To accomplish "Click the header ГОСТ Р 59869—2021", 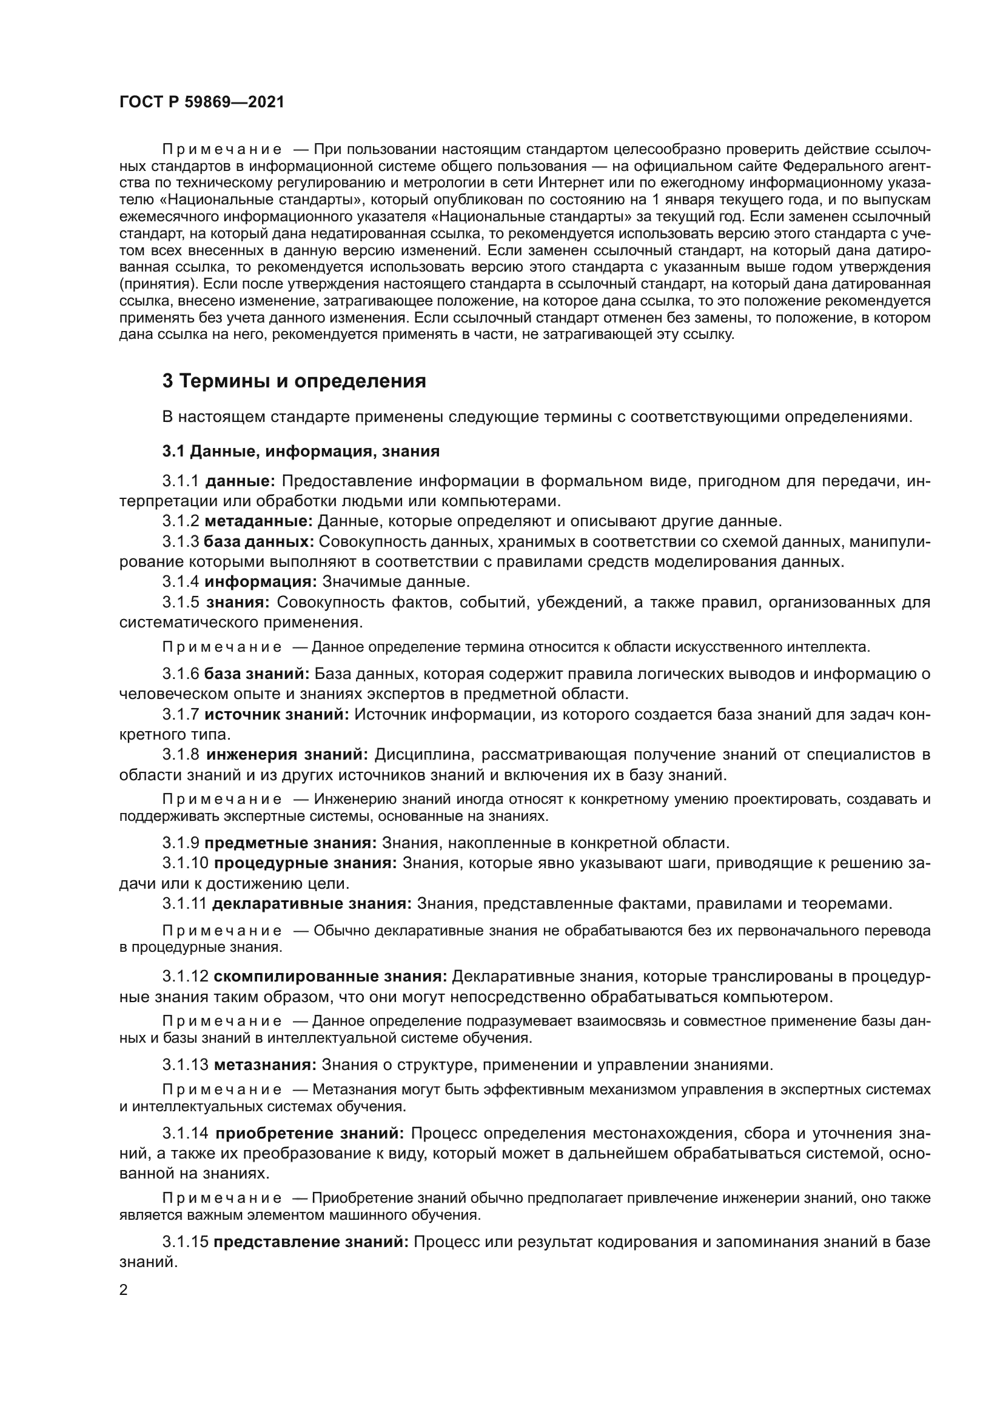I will tap(202, 102).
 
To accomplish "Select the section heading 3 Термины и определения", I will tap(294, 381).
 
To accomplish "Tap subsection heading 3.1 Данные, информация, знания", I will tap(301, 452).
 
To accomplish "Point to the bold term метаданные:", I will tap(259, 521).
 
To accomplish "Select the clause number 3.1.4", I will tap(181, 582).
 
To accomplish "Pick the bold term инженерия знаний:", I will tap(287, 755).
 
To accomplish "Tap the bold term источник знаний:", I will tap(277, 715).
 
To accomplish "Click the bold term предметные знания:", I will tap(290, 843).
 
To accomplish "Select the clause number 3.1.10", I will tap(186, 863).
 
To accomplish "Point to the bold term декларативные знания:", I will tap(312, 903).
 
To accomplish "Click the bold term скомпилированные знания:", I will tap(330, 977).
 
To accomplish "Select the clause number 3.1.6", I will tap(181, 674).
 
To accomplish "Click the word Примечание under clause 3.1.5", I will tap(223, 647).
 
